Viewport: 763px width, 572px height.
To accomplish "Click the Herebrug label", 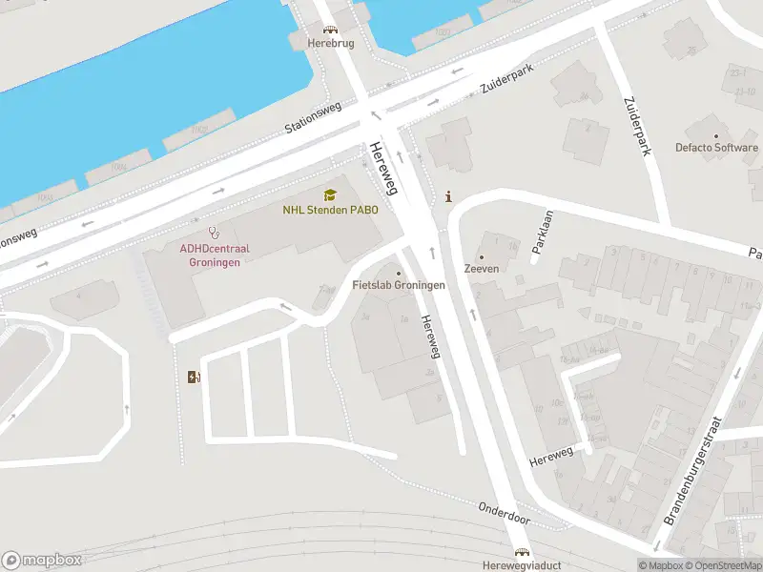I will pos(330,44).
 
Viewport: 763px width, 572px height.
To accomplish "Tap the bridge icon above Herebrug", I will pos(330,31).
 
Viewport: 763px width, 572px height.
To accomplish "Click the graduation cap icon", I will pos(330,195).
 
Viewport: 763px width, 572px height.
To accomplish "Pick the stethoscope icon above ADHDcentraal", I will pos(215,232).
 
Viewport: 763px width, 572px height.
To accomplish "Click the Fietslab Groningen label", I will pos(399,286).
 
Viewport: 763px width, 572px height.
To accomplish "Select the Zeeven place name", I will pos(481,269).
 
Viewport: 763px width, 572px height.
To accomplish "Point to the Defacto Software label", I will pos(716,148).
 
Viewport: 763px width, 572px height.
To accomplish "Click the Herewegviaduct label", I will pos(522,564).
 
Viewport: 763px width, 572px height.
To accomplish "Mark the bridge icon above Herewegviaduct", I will pos(522,552).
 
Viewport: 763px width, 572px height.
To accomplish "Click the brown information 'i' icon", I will pos(449,196).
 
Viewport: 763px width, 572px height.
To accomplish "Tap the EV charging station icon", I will pos(194,377).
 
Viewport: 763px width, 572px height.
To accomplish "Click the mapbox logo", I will pos(41,561).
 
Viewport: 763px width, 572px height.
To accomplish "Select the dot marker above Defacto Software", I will pos(716,134).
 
